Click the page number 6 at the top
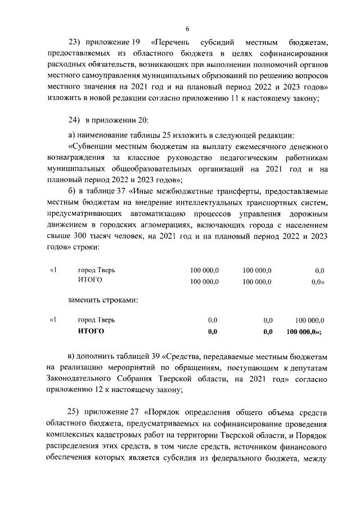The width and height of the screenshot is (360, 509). pos(187,30)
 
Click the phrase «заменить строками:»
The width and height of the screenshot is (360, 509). pos(103,300)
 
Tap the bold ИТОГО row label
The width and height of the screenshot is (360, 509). pos(91,332)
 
